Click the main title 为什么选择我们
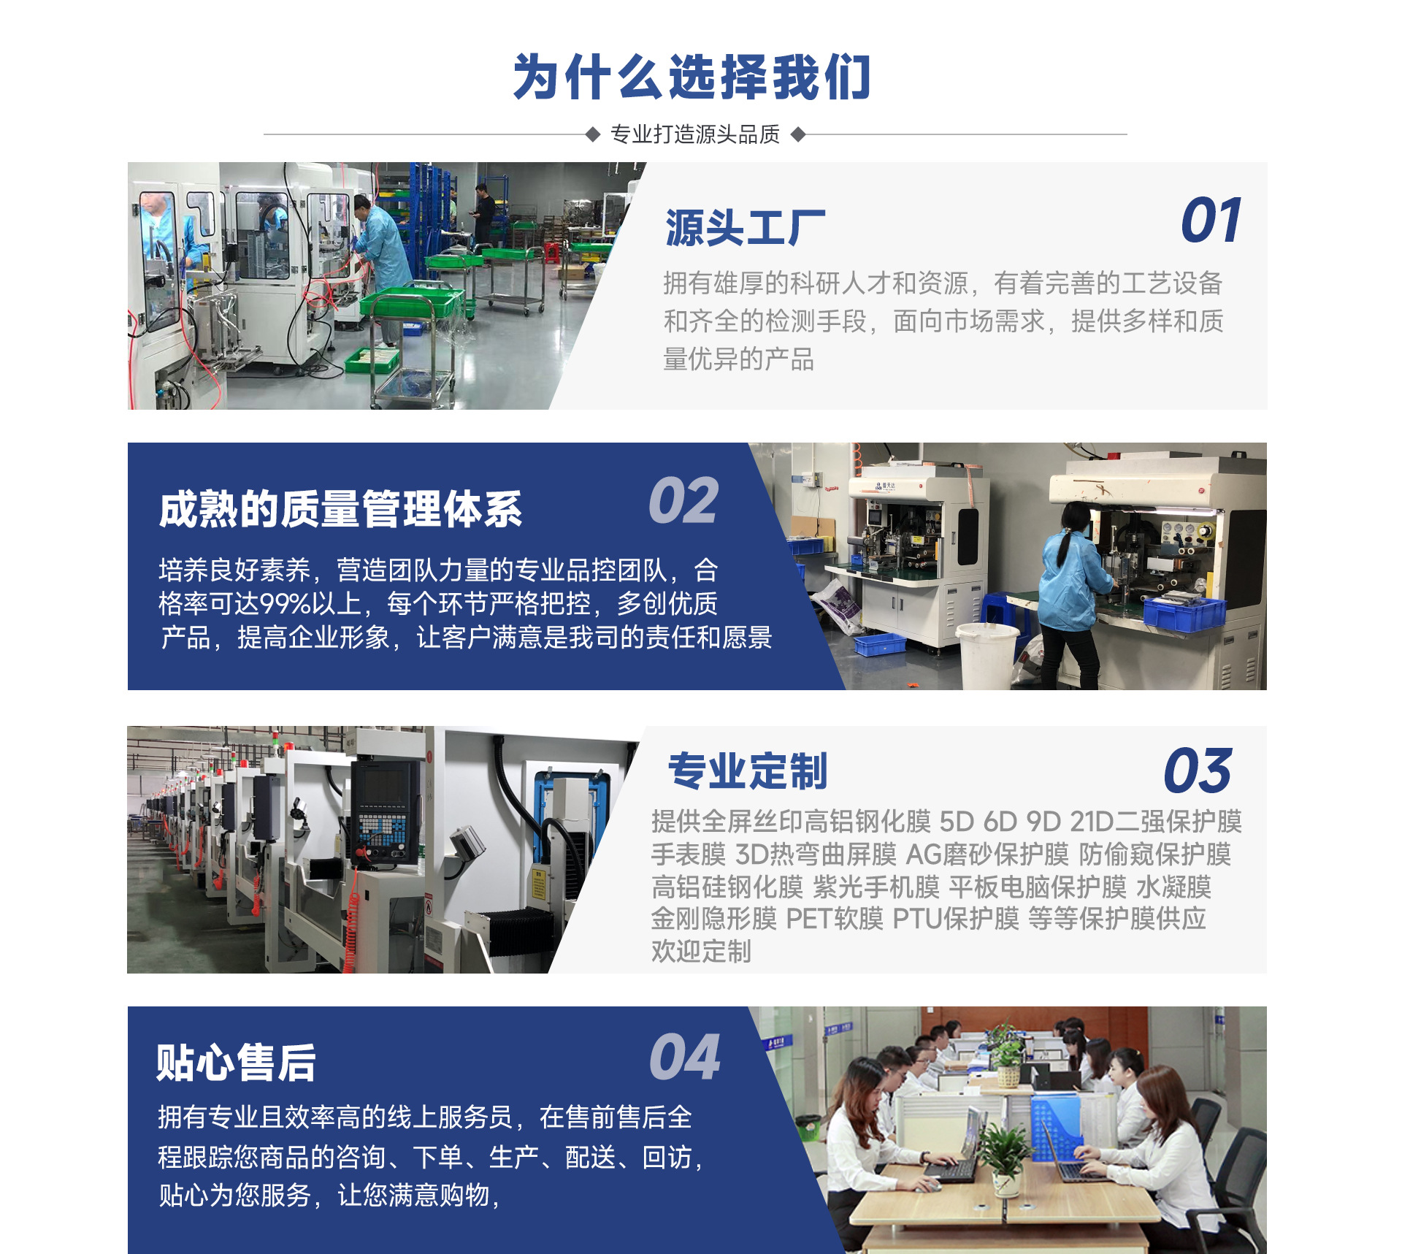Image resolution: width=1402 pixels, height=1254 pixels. tap(692, 77)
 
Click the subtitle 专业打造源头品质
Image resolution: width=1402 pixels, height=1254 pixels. tap(695, 134)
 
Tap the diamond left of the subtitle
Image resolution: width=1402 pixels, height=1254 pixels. tap(593, 134)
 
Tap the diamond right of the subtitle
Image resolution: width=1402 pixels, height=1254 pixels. tap(798, 134)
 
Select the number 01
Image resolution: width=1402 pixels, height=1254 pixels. tap(1211, 221)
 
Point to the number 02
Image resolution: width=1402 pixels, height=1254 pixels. tap(683, 501)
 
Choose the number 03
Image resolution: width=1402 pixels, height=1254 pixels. tap(1198, 771)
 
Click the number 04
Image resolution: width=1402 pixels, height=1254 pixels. tap(685, 1057)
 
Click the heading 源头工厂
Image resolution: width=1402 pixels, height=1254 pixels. tap(745, 228)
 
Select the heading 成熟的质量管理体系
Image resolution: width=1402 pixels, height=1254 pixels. tap(340, 509)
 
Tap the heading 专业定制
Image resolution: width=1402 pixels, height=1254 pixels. tap(748, 771)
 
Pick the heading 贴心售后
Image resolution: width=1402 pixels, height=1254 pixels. tap(236, 1063)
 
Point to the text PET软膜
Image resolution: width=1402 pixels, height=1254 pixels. tap(835, 919)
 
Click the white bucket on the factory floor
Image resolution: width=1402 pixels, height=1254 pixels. tap(986, 654)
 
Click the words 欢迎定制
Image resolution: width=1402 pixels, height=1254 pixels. tap(701, 952)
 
